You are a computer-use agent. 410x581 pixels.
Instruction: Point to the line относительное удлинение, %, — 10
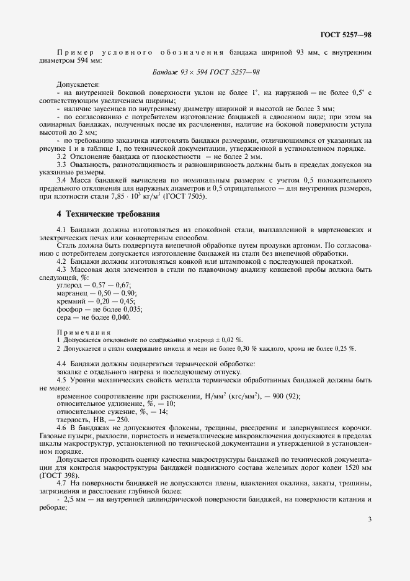[x=105, y=403]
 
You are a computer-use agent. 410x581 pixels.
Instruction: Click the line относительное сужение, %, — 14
[x=102, y=411]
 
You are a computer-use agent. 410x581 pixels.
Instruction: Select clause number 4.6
[x=61, y=428]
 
